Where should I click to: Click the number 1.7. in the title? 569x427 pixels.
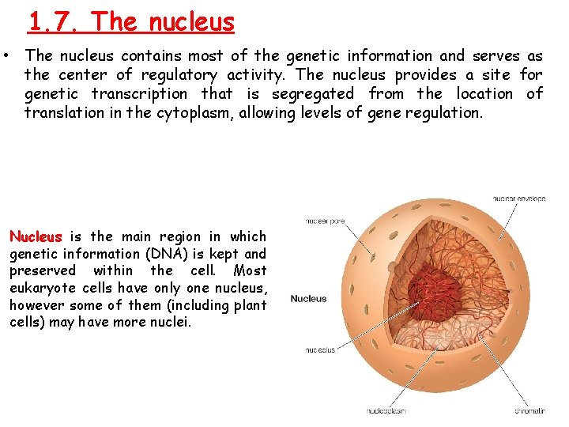[55, 21]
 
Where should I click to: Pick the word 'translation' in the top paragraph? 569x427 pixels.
[62, 113]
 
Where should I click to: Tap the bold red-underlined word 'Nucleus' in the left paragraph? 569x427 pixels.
[35, 236]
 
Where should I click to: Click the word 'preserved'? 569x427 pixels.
[40, 270]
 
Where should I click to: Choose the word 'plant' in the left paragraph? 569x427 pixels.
[250, 305]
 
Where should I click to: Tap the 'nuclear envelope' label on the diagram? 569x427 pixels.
[518, 198]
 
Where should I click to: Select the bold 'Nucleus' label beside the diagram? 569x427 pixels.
[308, 299]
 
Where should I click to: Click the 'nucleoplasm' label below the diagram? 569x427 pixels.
[386, 411]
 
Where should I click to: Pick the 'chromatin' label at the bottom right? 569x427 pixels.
[529, 411]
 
